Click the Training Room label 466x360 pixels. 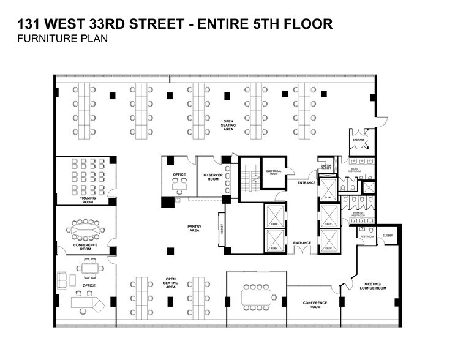click(x=87, y=200)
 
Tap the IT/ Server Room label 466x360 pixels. click(x=212, y=178)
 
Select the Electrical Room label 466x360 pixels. click(x=274, y=173)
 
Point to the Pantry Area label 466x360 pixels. click(x=194, y=228)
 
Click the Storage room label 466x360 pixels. click(x=359, y=140)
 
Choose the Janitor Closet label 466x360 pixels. click(x=326, y=167)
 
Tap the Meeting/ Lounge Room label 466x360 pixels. click(x=373, y=286)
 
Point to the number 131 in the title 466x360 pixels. click(x=29, y=24)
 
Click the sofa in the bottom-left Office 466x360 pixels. click(x=63, y=279)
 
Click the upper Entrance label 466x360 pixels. click(x=306, y=182)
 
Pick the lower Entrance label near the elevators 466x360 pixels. click(x=302, y=243)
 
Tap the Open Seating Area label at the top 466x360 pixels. click(x=228, y=125)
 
